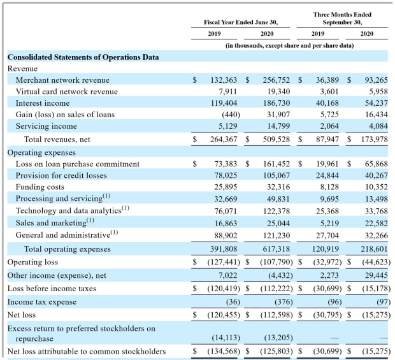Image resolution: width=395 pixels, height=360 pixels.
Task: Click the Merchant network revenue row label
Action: pyautogui.click(x=62, y=80)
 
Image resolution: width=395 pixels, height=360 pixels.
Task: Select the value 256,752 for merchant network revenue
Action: pyautogui.click(x=276, y=80)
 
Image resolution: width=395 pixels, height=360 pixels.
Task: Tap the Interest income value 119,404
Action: pyautogui.click(x=224, y=103)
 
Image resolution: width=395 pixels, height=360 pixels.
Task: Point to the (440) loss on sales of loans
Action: pyautogui.click(x=231, y=115)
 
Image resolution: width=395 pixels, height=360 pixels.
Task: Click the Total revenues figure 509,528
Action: pyautogui.click(x=276, y=140)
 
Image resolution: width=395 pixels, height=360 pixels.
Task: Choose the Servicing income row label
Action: pyautogui.click(x=46, y=126)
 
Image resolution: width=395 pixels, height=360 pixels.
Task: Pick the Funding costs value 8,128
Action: pyautogui.click(x=327, y=187)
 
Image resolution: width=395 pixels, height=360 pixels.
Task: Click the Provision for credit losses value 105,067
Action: pyautogui.click(x=276, y=175)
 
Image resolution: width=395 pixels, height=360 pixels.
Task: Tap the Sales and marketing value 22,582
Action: pyautogui.click(x=377, y=224)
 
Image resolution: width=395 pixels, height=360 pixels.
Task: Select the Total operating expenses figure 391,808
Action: pyautogui.click(x=224, y=249)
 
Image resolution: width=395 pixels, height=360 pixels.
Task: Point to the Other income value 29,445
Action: pyautogui.click(x=377, y=275)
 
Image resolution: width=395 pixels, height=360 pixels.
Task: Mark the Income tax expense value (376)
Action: pyautogui.click(x=284, y=302)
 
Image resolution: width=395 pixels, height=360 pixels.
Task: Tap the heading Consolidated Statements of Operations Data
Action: pyautogui.click(x=83, y=57)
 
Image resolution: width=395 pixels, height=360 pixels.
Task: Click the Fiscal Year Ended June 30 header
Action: pyautogui.click(x=241, y=22)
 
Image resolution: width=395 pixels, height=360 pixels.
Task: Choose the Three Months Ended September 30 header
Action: pyautogui.click(x=342, y=18)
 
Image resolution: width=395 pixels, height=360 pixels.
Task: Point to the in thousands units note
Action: pyautogui.click(x=289, y=46)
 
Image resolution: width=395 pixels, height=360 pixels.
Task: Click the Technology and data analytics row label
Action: pyautogui.click(x=72, y=210)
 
